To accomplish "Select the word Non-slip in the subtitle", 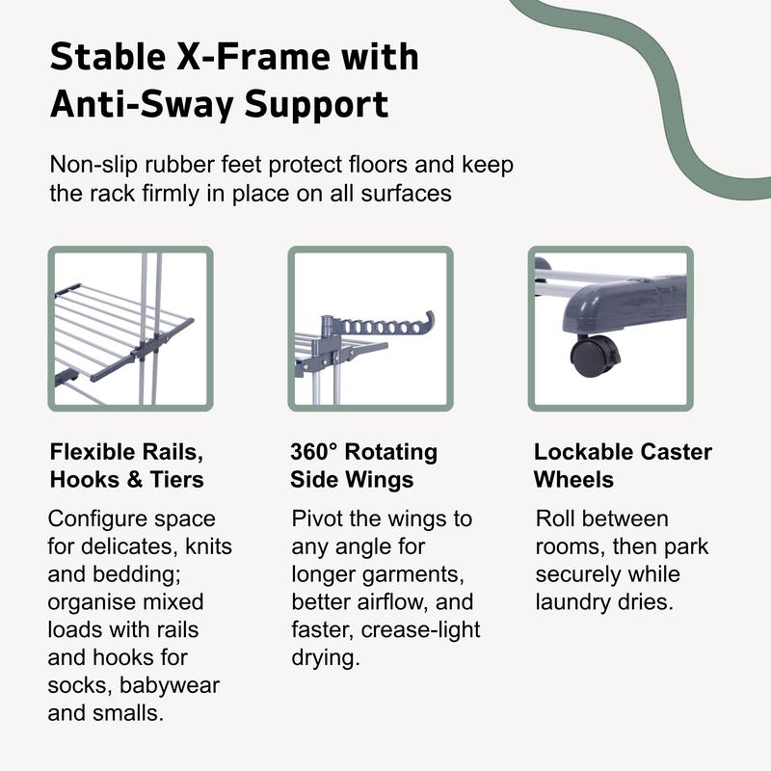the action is click(x=93, y=164).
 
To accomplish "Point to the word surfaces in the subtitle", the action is click(x=406, y=194).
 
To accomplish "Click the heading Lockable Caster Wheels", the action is click(x=623, y=465).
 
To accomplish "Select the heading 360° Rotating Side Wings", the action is click(x=363, y=465).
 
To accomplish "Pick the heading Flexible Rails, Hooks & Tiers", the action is click(x=127, y=465).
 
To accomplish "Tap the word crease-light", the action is click(x=420, y=630).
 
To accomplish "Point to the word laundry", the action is click(x=572, y=602).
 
